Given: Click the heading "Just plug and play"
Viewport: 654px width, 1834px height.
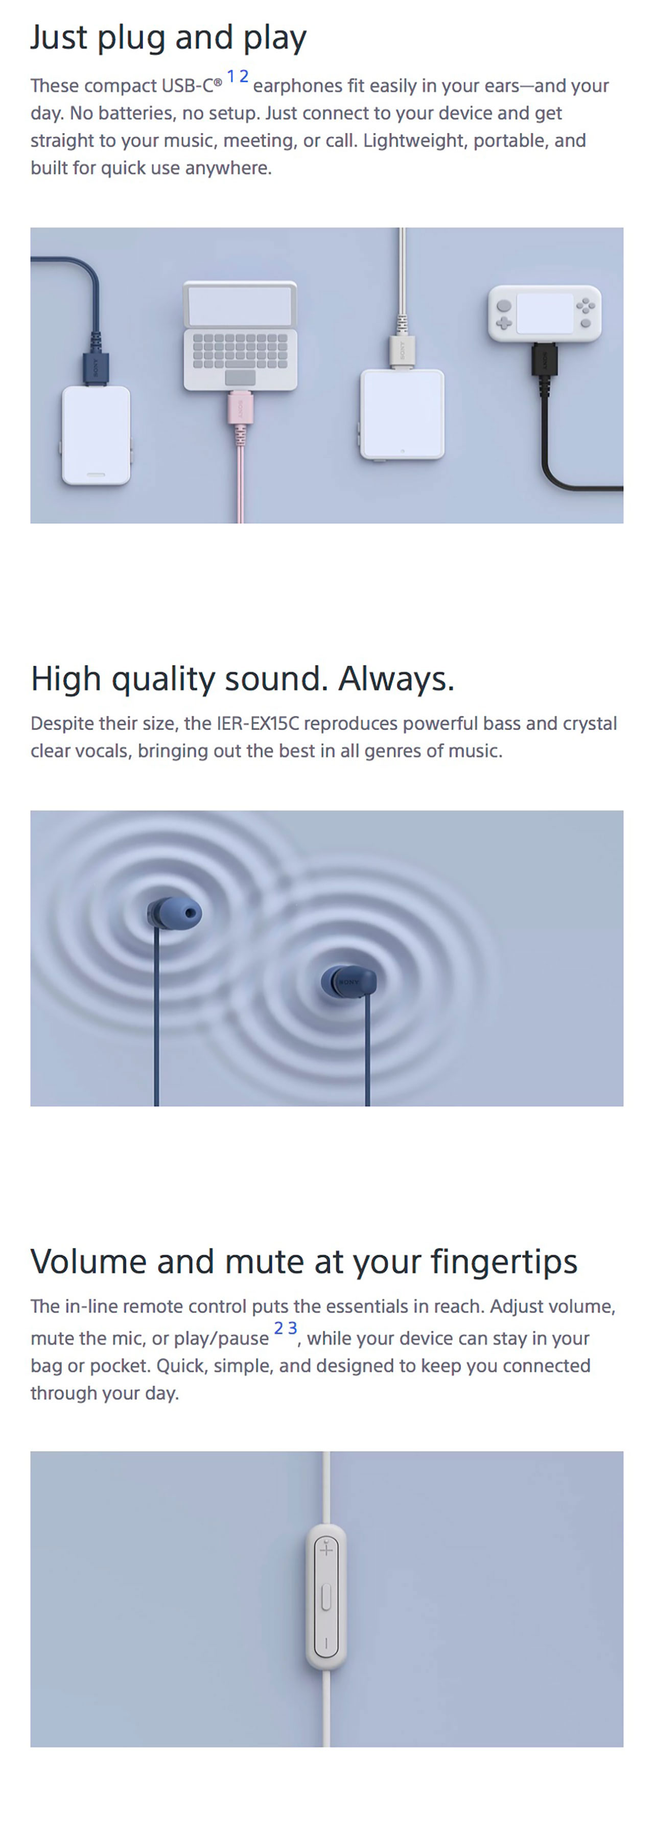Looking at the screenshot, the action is pyautogui.click(x=168, y=38).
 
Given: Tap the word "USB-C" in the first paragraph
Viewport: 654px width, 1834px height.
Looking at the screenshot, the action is pyautogui.click(x=187, y=85).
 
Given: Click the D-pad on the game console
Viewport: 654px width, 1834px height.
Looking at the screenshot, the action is pyautogui.click(x=504, y=323).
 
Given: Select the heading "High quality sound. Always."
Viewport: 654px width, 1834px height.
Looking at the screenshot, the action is pyautogui.click(x=243, y=678).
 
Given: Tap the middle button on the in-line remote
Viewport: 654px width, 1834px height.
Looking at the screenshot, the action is pyautogui.click(x=326, y=1597).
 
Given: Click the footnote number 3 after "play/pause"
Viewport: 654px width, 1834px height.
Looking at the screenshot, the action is pyautogui.click(x=292, y=1328).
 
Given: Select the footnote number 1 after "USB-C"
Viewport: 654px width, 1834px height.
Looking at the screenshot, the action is pyautogui.click(x=230, y=76).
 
